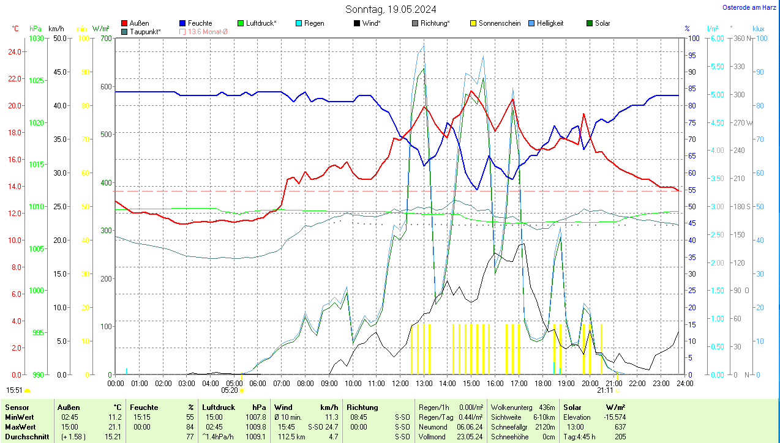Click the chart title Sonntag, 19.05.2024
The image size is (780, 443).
[391, 9]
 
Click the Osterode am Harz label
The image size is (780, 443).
[750, 7]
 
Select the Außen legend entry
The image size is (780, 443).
[139, 23]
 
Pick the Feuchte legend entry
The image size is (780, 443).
[200, 23]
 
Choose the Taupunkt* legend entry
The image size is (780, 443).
[145, 31]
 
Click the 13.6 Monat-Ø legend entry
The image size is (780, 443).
[207, 31]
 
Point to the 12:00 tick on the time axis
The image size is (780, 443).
[400, 384]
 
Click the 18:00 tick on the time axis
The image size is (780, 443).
[542, 384]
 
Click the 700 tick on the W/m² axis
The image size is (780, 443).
[105, 38]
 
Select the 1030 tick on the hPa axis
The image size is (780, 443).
[37, 38]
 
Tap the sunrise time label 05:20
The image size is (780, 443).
[229, 390]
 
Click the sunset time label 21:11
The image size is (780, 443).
[605, 390]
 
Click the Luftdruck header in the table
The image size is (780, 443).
[219, 407]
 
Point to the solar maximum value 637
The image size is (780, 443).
[620, 426]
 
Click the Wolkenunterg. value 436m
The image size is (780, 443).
[546, 407]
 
